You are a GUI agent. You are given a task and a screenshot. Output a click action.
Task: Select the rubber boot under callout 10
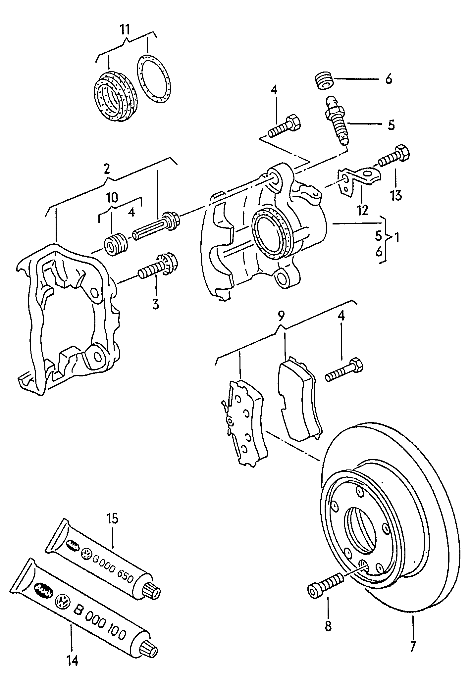coord(116,244)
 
